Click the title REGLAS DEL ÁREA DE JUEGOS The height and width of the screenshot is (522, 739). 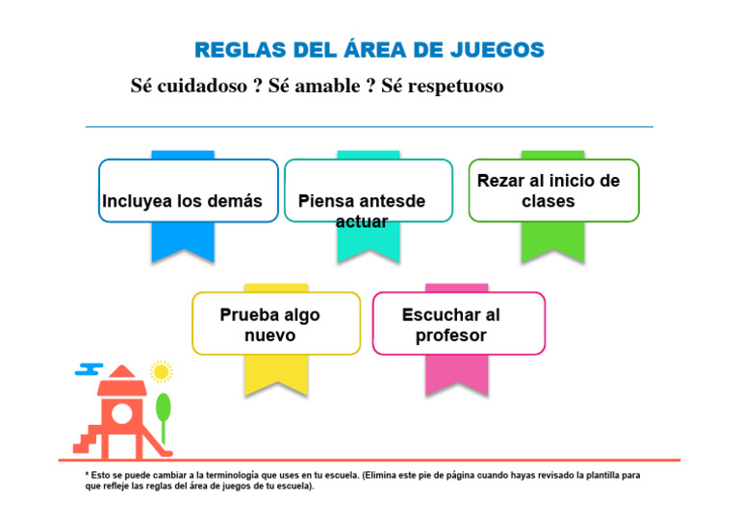tap(369, 50)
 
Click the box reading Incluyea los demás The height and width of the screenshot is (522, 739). tap(188, 190)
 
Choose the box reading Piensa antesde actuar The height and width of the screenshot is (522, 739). tap(368, 190)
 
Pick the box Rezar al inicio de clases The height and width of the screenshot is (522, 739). tap(553, 190)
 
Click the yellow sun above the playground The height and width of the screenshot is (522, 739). tap(161, 371)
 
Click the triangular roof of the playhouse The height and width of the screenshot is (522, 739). tap(122, 374)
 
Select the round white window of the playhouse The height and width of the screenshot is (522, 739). tap(123, 413)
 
